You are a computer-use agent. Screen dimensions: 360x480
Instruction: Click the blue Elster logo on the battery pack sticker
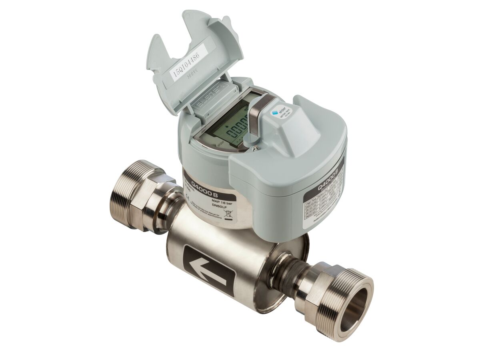click(275, 113)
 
